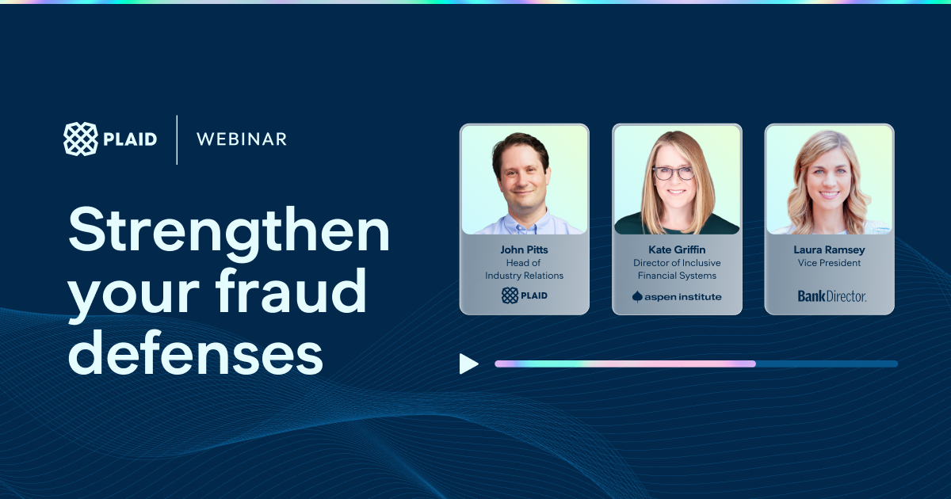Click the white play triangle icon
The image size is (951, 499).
pos(468,364)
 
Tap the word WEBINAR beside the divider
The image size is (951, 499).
pos(242,139)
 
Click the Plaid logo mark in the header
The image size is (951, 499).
pos(81,139)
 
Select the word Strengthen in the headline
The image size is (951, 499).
pos(229,231)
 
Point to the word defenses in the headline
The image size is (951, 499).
pos(195,352)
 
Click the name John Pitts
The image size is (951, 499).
pos(524,249)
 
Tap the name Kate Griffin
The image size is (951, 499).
pos(677,249)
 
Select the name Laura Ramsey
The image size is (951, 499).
pos(829,250)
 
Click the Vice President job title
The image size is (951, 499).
pos(829,263)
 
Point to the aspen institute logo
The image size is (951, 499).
pos(677,296)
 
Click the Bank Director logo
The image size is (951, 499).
pos(831,296)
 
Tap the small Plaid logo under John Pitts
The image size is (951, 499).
pos(525,295)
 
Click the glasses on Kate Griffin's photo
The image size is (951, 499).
pos(674,173)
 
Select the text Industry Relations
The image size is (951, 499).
pos(525,276)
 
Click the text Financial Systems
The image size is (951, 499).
pos(677,276)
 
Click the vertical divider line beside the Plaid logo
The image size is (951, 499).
pos(177,139)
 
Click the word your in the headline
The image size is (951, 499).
pos(134,295)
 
